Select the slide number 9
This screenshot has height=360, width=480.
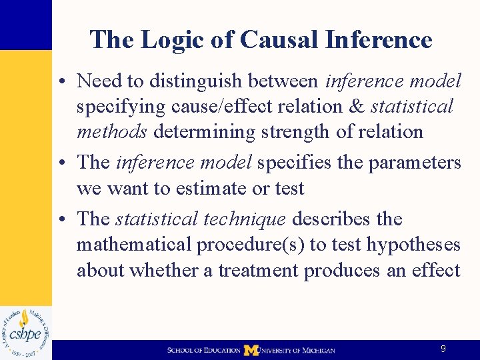tap(443, 349)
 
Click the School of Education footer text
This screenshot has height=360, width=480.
tap(203, 350)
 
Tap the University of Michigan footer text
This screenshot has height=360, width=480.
tap(297, 350)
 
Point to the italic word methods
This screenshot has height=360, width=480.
tap(111, 132)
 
